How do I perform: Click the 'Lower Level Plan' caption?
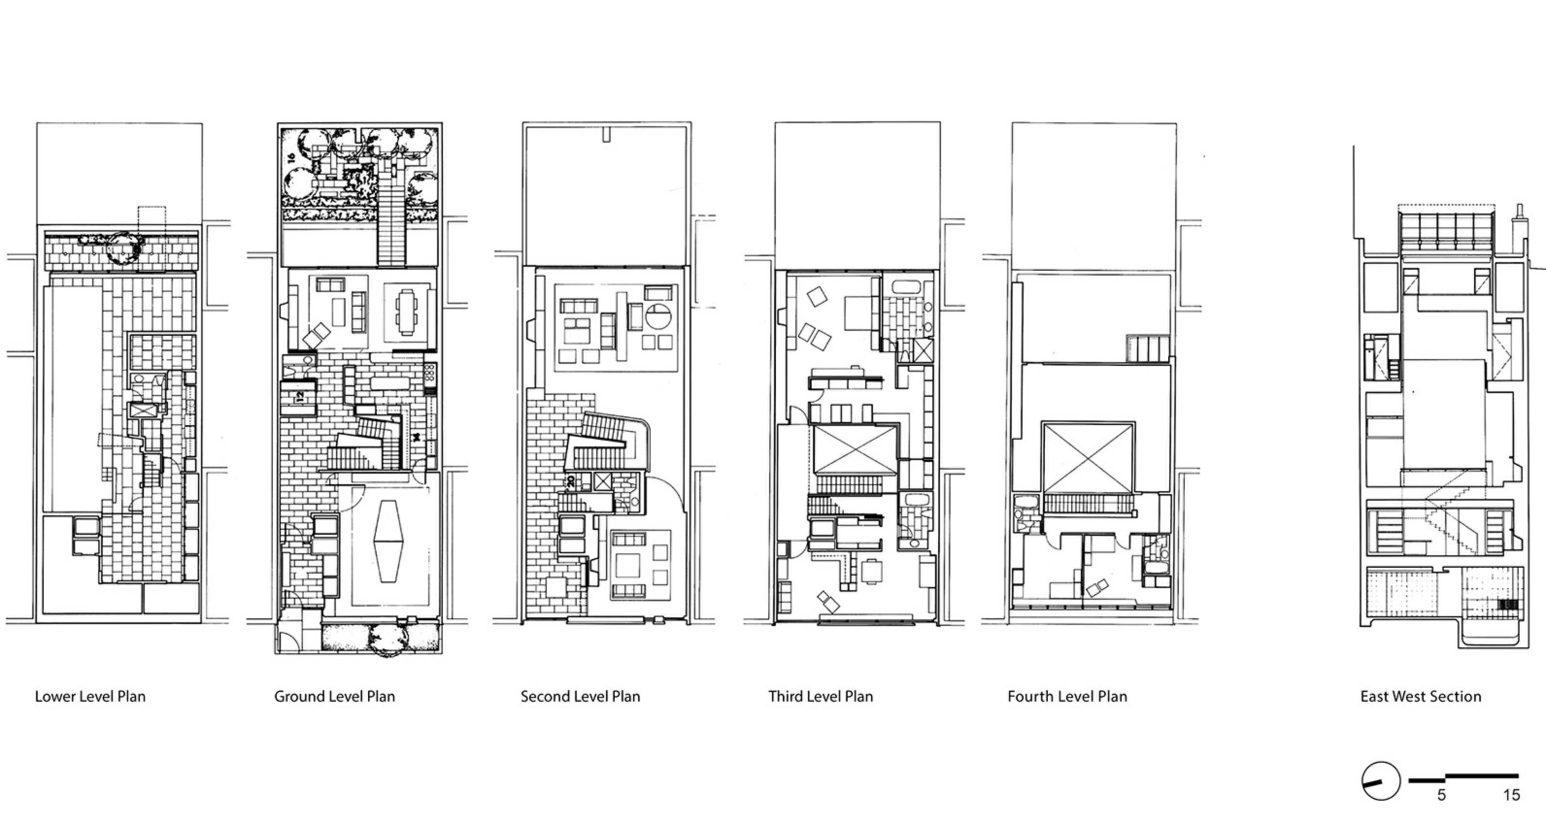click(x=90, y=696)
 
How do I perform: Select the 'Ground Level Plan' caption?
click(x=334, y=696)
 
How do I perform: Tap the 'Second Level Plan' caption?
click(x=580, y=696)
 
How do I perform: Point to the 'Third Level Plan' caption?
click(x=821, y=696)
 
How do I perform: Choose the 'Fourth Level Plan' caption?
click(x=1067, y=696)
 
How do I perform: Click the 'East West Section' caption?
click(x=1421, y=696)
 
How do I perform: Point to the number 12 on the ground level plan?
click(x=300, y=396)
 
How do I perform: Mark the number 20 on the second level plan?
click(x=570, y=480)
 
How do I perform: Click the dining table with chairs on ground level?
click(x=407, y=312)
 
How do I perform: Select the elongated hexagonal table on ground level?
click(x=390, y=540)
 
